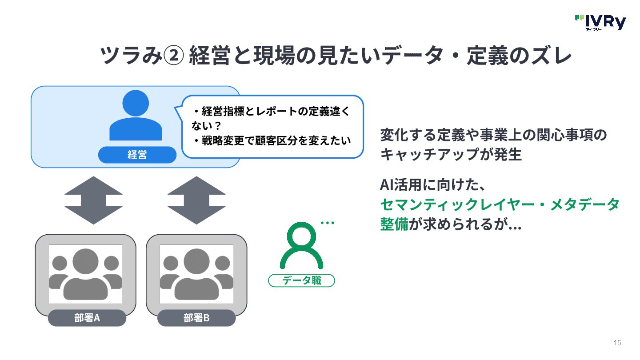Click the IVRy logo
pyautogui.click(x=600, y=22)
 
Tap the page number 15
pyautogui.click(x=617, y=343)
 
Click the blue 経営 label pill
pyautogui.click(x=137, y=155)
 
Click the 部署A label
pyautogui.click(x=87, y=318)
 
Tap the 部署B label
pyautogui.click(x=196, y=318)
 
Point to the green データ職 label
pyautogui.click(x=301, y=280)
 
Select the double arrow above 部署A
pyautogui.click(x=93, y=200)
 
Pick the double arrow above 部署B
pyautogui.click(x=196, y=200)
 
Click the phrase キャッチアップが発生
pyautogui.click(x=451, y=155)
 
